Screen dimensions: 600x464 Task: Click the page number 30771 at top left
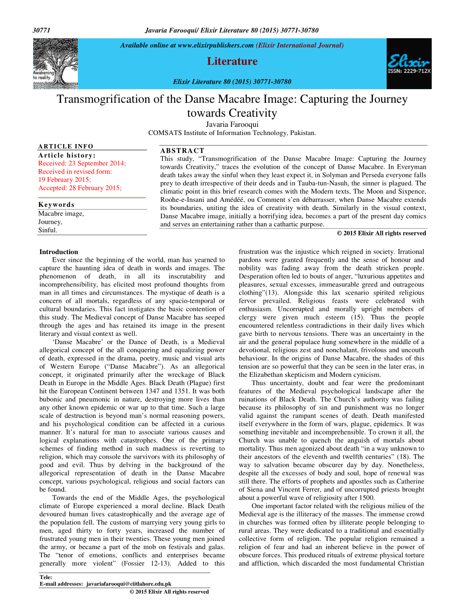tap(41, 30)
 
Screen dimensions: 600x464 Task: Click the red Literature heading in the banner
tap(232, 61)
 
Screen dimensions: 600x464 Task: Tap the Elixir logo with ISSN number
tap(409, 64)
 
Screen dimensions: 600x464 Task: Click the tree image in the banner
tap(55, 63)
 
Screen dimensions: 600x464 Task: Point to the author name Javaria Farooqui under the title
tap(232, 124)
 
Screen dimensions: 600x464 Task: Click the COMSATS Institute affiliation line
tap(232, 133)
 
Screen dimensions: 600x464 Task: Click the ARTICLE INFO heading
tap(66, 146)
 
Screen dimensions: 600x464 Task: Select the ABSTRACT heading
tap(182, 150)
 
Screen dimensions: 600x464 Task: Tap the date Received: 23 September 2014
tap(82, 163)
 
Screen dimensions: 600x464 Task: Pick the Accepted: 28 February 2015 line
tap(80, 188)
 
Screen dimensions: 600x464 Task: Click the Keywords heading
tap(56, 205)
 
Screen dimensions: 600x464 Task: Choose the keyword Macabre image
tap(61, 214)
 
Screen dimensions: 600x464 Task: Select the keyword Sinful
tap(48, 230)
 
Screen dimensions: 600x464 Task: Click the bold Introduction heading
tap(59, 252)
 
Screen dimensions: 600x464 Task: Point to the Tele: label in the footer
tap(45, 577)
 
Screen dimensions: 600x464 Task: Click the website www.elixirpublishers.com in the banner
tap(215, 45)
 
